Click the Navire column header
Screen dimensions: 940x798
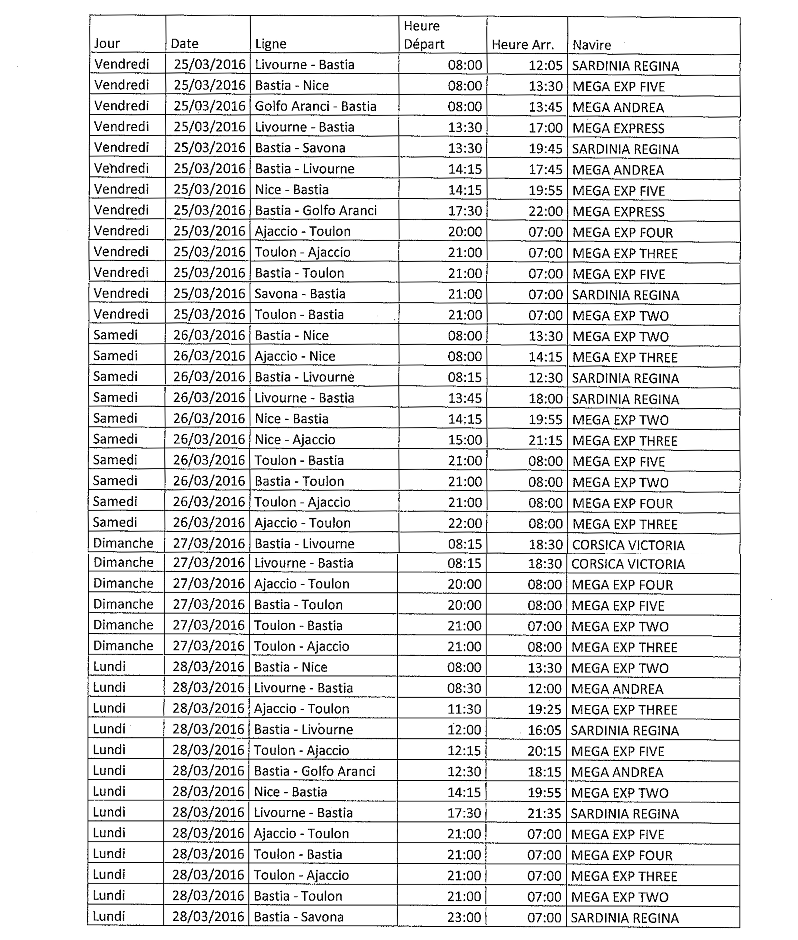click(x=592, y=45)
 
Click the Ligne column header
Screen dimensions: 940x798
click(x=271, y=44)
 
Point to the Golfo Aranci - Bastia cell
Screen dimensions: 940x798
click(x=315, y=106)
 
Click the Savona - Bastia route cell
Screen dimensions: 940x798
click(x=299, y=294)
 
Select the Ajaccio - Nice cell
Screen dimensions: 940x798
click(x=295, y=356)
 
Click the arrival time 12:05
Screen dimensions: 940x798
click(x=545, y=65)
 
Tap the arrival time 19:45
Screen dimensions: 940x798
click(x=545, y=149)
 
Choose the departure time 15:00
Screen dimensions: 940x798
click(x=464, y=440)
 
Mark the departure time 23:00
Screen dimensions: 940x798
click(x=464, y=917)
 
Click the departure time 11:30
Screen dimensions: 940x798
click(x=464, y=709)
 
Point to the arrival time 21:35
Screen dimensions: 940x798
click(x=544, y=813)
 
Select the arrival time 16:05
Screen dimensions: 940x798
click(x=544, y=730)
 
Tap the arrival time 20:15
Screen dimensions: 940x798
click(x=544, y=751)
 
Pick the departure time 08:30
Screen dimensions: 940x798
click(x=464, y=688)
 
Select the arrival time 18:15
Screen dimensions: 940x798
click(x=544, y=772)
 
